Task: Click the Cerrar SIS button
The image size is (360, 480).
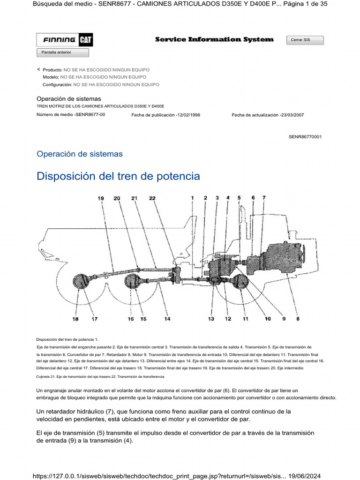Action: pyautogui.click(x=305, y=40)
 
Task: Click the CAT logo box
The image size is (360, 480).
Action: pyautogui.click(x=85, y=40)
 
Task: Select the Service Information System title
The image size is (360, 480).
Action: pyautogui.click(x=214, y=40)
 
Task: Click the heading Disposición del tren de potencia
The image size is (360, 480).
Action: pyautogui.click(x=118, y=176)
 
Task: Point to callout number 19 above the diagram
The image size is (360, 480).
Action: pyautogui.click(x=101, y=198)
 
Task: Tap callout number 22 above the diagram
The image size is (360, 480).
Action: pyautogui.click(x=152, y=198)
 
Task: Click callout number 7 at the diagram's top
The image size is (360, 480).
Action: pyautogui.click(x=264, y=198)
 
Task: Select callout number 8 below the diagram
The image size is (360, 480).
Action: pyautogui.click(x=298, y=319)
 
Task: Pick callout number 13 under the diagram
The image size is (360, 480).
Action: pyautogui.click(x=211, y=319)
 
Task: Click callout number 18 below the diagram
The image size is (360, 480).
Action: pyautogui.click(x=75, y=319)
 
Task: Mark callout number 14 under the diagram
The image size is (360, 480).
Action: pyautogui.click(x=167, y=319)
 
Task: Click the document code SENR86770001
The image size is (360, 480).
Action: pyautogui.click(x=305, y=136)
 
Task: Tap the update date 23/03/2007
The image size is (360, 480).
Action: pyautogui.click(x=291, y=115)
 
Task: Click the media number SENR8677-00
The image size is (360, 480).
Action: pyautogui.click(x=90, y=114)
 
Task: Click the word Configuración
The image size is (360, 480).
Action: pyautogui.click(x=57, y=85)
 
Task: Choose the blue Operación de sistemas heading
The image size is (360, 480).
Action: pyautogui.click(x=80, y=154)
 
